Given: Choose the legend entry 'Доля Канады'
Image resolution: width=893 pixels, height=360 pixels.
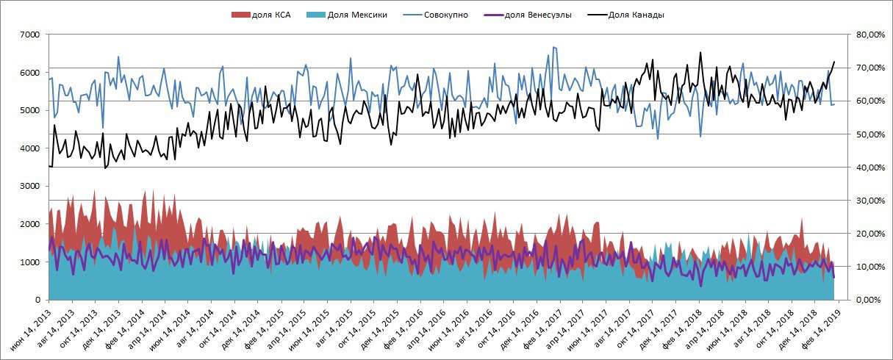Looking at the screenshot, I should click(636, 15).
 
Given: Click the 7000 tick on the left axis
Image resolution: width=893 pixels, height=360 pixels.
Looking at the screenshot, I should click(30, 35).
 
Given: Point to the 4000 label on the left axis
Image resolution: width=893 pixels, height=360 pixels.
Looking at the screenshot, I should click(30, 148).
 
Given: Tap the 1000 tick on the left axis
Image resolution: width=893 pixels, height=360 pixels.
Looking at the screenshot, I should click(30, 262).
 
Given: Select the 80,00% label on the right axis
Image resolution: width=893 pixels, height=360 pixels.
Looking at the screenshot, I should click(867, 35).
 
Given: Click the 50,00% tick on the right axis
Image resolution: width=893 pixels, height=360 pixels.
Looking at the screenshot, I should click(867, 134).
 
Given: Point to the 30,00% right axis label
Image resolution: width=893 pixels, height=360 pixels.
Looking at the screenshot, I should click(867, 201).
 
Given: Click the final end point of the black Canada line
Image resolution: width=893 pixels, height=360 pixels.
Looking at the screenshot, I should click(834, 62).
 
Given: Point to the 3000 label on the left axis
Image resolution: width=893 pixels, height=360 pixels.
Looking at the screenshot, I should click(30, 187).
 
